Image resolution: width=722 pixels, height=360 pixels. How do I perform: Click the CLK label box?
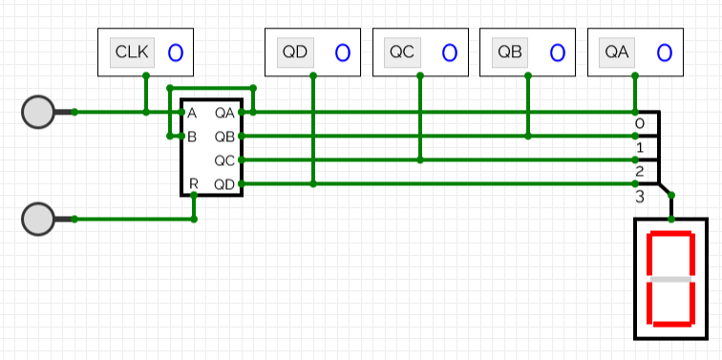click(127, 53)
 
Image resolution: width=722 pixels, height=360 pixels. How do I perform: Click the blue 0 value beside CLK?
click(175, 53)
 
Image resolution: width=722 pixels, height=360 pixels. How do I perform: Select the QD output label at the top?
click(295, 53)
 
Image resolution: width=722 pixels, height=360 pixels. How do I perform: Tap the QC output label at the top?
click(402, 53)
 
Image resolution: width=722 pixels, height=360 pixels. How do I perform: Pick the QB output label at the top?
click(510, 53)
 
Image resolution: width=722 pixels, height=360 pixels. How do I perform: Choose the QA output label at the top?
click(617, 53)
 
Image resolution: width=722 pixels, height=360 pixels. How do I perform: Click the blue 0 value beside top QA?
click(665, 53)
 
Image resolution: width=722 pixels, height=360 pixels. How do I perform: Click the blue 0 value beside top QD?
click(343, 53)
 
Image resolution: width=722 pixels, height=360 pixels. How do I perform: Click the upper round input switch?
click(38, 112)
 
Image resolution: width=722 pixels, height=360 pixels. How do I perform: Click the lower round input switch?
click(38, 219)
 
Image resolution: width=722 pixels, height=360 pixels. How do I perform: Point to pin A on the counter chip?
click(192, 113)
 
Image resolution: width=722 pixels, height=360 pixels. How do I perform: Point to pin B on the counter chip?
click(192, 137)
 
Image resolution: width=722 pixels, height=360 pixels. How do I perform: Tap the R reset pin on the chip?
click(193, 183)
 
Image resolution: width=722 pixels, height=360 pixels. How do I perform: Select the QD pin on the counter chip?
click(224, 183)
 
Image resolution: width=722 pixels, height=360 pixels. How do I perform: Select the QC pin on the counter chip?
click(224, 159)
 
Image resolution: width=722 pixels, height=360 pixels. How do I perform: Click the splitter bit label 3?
click(640, 196)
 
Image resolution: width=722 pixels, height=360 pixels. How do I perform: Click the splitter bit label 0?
click(640, 123)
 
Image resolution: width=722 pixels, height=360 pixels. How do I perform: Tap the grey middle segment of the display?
click(670, 279)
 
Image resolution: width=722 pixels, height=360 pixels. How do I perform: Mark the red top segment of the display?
click(670, 234)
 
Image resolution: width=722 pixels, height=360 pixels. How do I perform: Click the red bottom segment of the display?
click(670, 324)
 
